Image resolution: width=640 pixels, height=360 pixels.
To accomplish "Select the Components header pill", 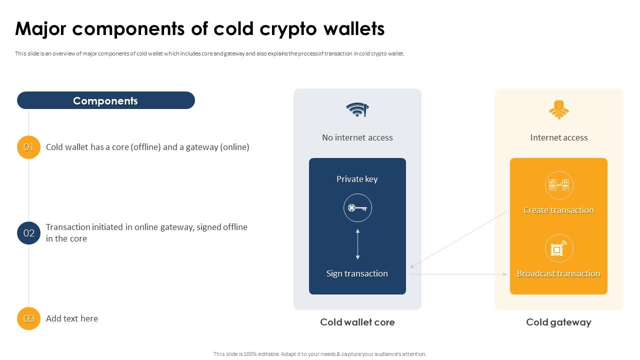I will pos(105,100).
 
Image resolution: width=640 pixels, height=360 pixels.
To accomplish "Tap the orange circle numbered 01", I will pos(28,147).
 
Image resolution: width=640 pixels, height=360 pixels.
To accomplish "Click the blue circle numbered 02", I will pos(28,233).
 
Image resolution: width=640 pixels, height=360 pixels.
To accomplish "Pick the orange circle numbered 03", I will pos(28,318).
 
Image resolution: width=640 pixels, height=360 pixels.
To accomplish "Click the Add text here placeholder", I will pos(71,318).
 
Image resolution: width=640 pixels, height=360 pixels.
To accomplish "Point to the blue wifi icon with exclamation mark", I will pos(357,109).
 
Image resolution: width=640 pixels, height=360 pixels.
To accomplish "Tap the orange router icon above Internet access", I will pos(558,109).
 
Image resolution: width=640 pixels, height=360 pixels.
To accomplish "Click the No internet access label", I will pos(357,137).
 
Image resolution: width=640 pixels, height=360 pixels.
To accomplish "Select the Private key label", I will pos(357,179).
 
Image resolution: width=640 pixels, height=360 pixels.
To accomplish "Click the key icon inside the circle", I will pos(357,208).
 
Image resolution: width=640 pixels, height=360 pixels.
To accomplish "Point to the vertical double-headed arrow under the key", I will pos(357,244).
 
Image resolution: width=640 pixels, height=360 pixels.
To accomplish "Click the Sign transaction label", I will pos(357,273).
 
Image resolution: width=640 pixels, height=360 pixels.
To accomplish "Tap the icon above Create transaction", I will pos(558,185).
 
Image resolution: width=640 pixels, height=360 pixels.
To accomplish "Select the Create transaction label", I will pos(558,210).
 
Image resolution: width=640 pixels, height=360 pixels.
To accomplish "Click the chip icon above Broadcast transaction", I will pos(558,248).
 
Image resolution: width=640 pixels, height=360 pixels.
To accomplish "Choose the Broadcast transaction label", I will pos(558,273).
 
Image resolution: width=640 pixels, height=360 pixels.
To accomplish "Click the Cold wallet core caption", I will pos(357,322).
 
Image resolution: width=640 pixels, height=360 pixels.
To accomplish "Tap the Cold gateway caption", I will pos(558,322).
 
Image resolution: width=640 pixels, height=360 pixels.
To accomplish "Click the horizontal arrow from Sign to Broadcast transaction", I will pos(457,274).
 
